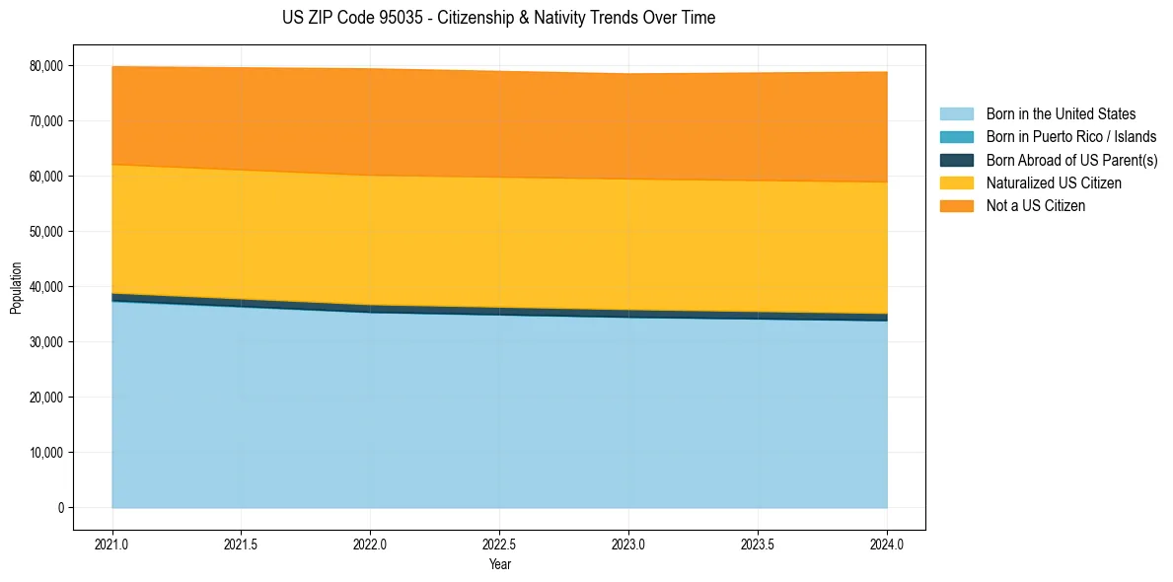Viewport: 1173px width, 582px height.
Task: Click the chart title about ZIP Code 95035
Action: tap(498, 18)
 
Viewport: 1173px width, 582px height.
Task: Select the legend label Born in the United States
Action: tap(1061, 114)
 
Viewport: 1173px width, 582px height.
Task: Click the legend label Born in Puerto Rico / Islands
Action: tap(1071, 137)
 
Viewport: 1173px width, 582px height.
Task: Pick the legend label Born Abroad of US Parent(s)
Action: tap(1071, 160)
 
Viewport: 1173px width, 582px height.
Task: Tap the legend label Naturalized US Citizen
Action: tap(1054, 183)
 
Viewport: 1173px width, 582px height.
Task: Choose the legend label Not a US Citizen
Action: tap(1035, 206)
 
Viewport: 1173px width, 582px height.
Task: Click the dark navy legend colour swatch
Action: tap(956, 160)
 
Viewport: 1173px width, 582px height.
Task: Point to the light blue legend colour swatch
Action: tap(956, 114)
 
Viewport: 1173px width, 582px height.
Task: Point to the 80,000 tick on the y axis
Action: tap(45, 66)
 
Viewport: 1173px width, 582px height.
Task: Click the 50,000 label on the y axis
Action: tap(45, 232)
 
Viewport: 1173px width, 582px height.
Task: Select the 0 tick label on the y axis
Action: tap(60, 508)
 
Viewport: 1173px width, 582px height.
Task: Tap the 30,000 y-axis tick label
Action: tap(45, 342)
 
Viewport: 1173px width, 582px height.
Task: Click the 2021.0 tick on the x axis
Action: tap(112, 544)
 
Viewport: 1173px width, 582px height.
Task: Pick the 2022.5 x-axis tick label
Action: tap(499, 544)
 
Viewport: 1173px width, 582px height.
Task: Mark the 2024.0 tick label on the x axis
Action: tap(887, 544)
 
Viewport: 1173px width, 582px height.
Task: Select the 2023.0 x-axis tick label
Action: tap(628, 544)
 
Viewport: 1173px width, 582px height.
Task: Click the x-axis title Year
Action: tap(499, 564)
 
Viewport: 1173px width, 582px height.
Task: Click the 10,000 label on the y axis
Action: tap(45, 453)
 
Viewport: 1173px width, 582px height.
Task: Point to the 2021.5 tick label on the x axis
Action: tap(241, 544)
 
